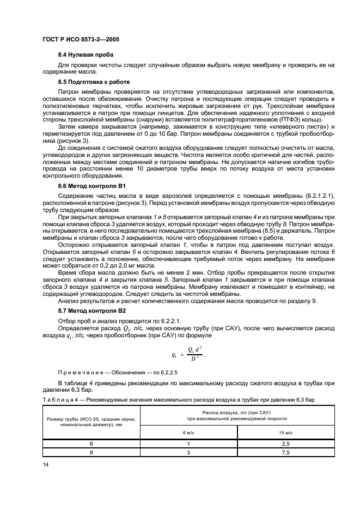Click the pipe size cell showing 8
click(91, 452)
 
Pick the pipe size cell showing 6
click(91, 444)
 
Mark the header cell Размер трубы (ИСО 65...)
click(91, 422)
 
